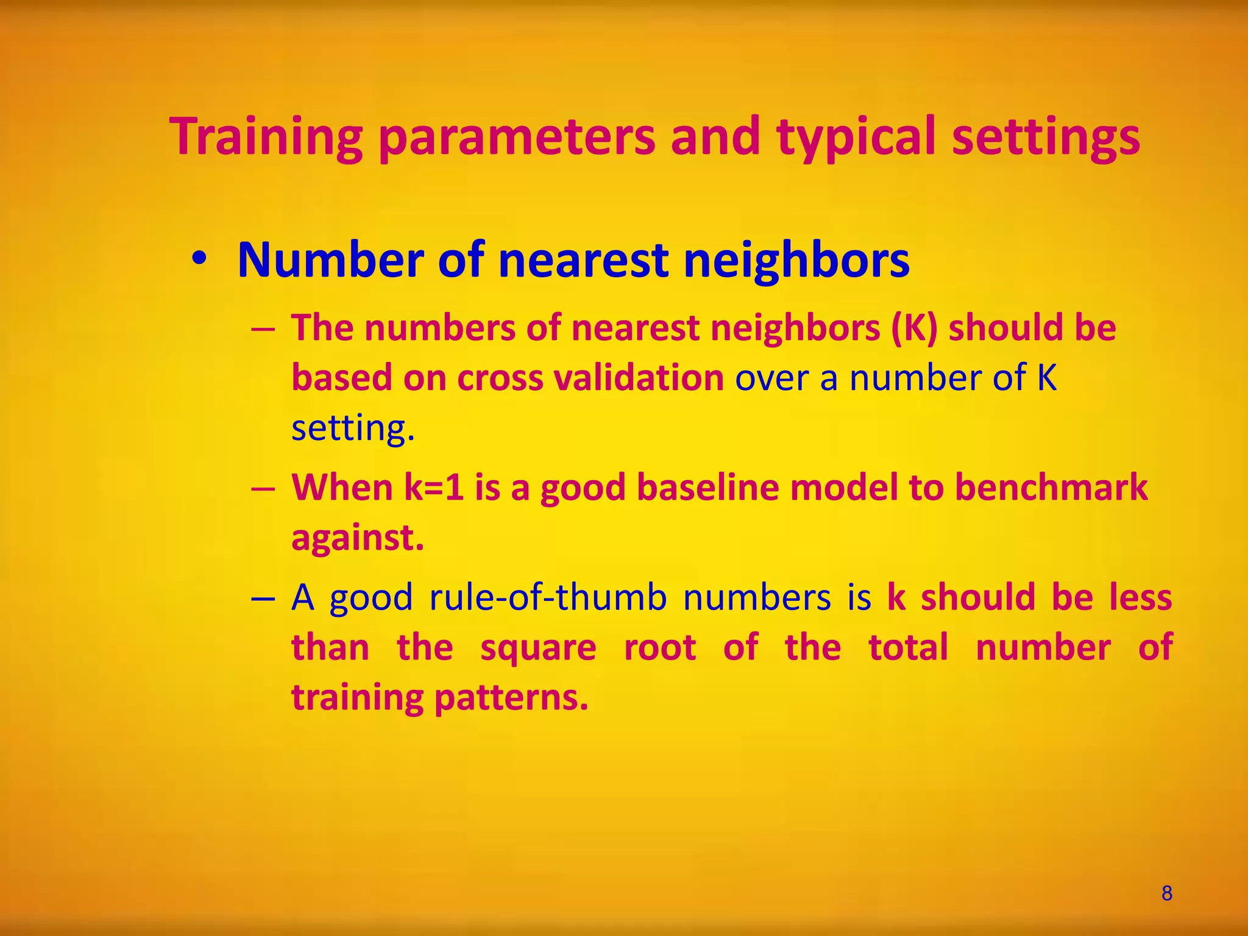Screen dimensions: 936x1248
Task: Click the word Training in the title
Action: pyautogui.click(x=266, y=138)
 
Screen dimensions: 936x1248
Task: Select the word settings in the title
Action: pyautogui.click(x=1045, y=138)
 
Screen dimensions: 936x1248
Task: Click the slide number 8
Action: pyautogui.click(x=1166, y=893)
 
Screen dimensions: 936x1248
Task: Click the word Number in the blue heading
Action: pyautogui.click(x=331, y=260)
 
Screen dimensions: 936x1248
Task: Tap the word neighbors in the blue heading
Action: pyautogui.click(x=796, y=260)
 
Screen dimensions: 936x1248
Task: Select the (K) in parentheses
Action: pyautogui.click(x=914, y=328)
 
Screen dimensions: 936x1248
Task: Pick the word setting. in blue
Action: pyautogui.click(x=353, y=428)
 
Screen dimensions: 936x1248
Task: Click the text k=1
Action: pyautogui.click(x=434, y=487)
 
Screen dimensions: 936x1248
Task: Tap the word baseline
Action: pyautogui.click(x=707, y=487)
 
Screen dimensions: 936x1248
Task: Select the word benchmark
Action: pyautogui.click(x=1051, y=487)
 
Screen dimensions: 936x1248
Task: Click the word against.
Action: pyautogui.click(x=357, y=537)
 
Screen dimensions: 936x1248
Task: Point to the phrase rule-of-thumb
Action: pyautogui.click(x=548, y=597)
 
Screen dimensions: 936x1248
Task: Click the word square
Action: pyautogui.click(x=538, y=647)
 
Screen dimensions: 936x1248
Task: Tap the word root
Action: pyautogui.click(x=660, y=647)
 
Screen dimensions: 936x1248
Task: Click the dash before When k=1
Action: pyautogui.click(x=263, y=489)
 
